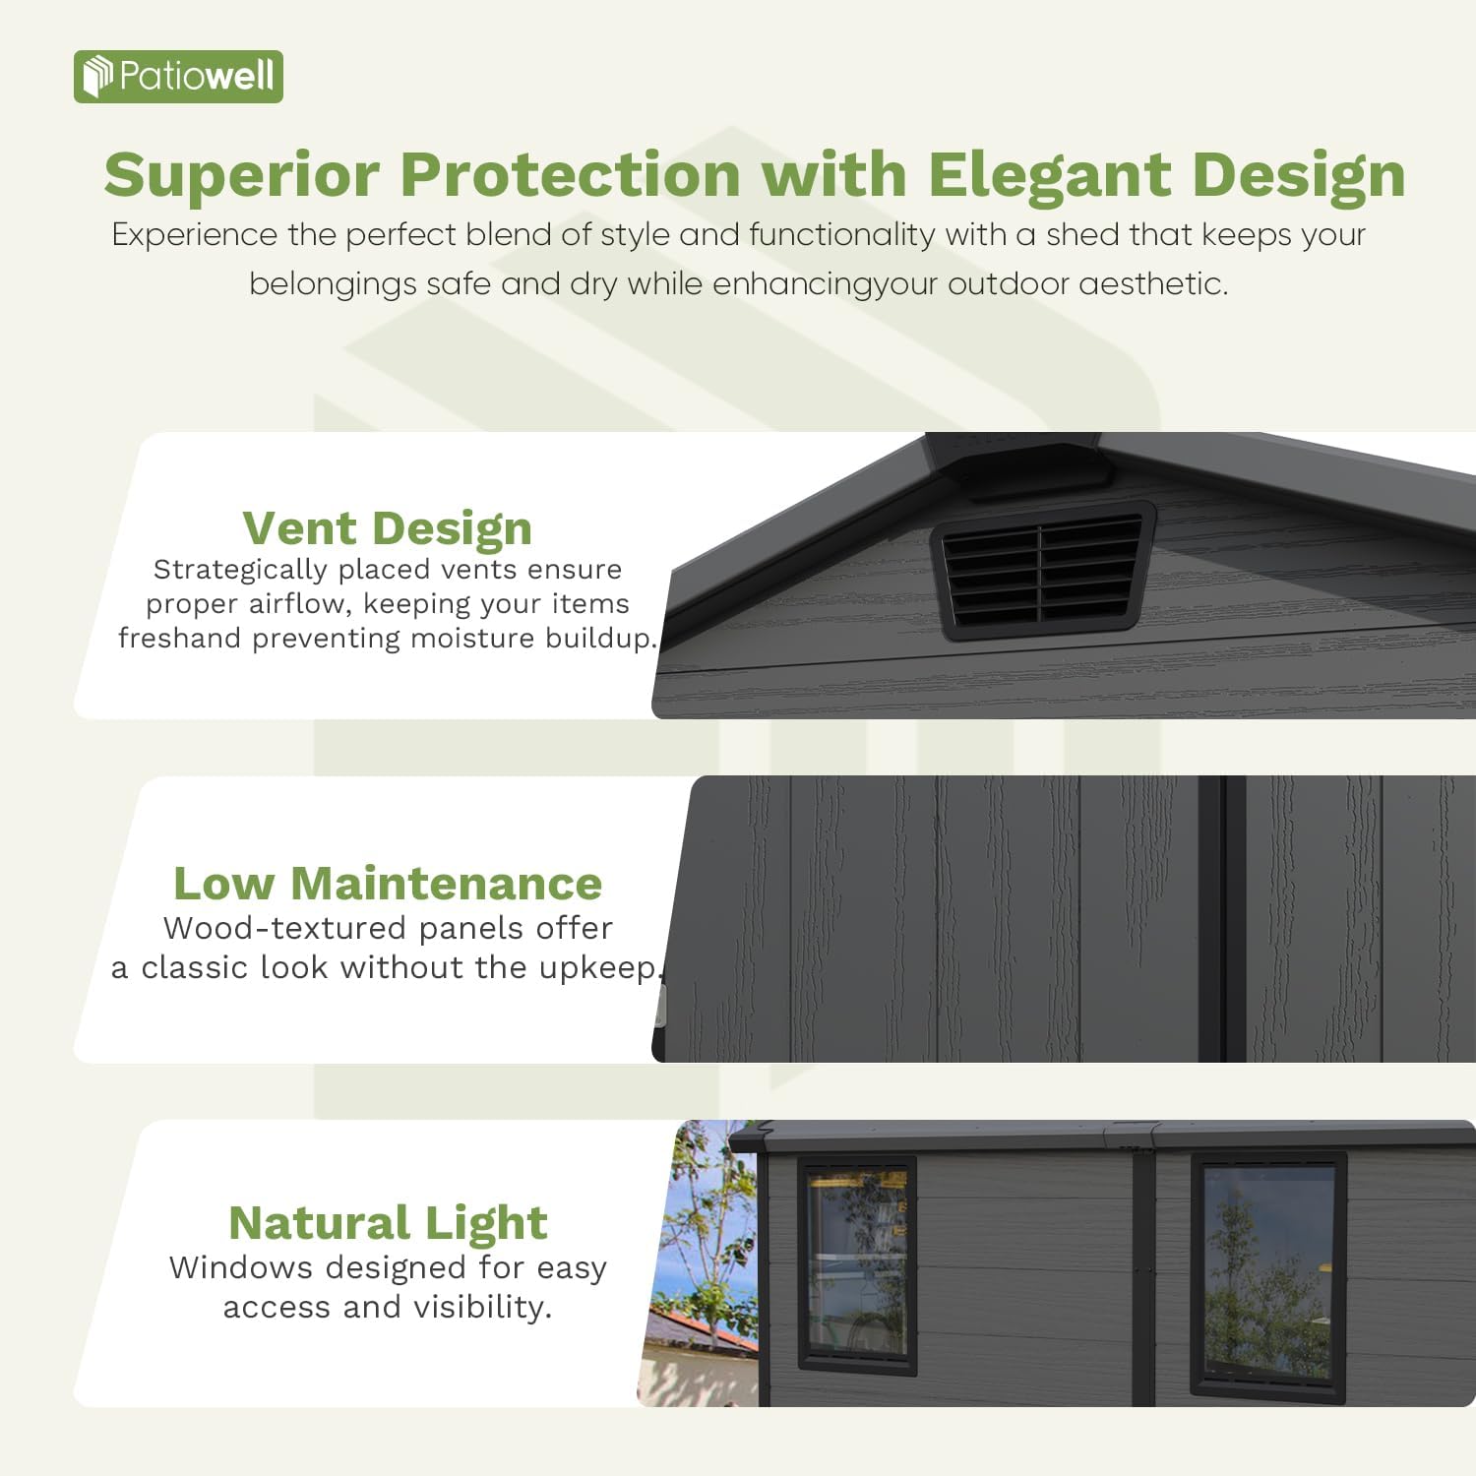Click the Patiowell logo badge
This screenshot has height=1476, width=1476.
(178, 77)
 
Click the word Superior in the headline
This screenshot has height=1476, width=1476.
(241, 175)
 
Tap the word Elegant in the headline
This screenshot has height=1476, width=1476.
(1049, 175)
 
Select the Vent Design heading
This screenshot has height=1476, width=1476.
(388, 528)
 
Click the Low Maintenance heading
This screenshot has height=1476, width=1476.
(388, 884)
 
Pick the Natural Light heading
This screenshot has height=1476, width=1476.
(388, 1223)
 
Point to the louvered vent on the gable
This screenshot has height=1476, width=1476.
(1043, 570)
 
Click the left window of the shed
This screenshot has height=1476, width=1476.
(857, 1264)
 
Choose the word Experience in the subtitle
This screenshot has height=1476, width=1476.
(195, 235)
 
